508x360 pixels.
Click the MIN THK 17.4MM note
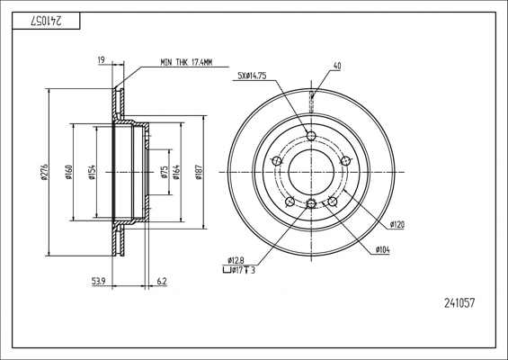186,63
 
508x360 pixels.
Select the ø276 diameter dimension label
44,172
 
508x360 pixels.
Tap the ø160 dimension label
68,172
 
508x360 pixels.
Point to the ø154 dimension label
92,172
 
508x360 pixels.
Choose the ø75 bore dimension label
165,172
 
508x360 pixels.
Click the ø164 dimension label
176,172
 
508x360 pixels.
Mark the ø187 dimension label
199,172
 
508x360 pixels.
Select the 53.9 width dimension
99,281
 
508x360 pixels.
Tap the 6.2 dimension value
162,281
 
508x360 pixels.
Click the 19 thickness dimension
101,59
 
